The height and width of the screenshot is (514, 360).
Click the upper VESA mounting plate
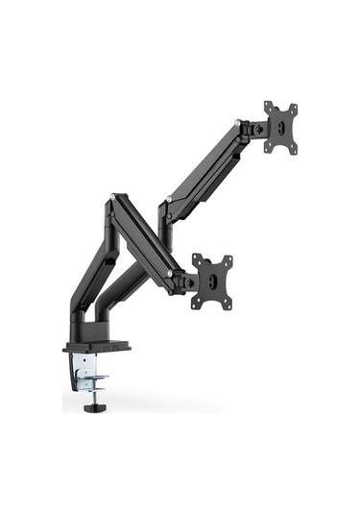(x=281, y=126)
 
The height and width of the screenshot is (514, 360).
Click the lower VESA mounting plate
(x=212, y=281)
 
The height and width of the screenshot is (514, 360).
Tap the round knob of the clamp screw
(x=93, y=407)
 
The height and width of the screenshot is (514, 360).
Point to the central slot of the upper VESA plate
(x=282, y=126)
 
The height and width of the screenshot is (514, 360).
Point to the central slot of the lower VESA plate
(x=213, y=281)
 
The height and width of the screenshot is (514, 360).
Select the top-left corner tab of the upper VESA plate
(x=268, y=106)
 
